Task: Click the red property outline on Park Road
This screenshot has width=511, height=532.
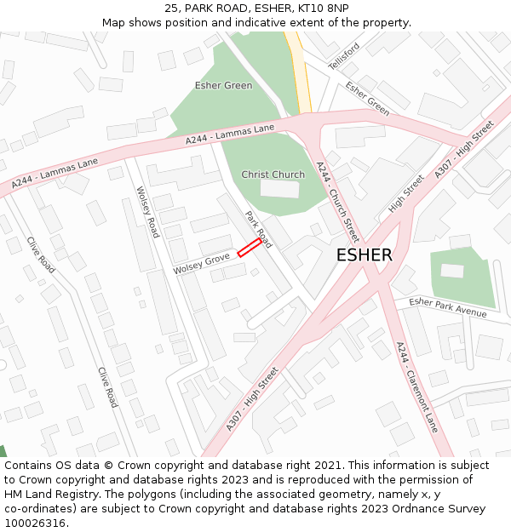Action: [250, 247]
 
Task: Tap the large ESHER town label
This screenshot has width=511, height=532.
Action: [364, 255]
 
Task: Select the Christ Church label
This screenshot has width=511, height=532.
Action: [273, 174]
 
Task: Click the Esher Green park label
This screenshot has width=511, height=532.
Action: [223, 85]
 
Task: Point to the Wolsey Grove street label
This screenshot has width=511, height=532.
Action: [202, 264]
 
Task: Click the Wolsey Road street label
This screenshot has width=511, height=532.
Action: [148, 212]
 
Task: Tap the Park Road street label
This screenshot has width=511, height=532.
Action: [258, 229]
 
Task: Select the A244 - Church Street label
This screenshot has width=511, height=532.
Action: [337, 202]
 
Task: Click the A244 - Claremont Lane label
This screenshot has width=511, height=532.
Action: [416, 386]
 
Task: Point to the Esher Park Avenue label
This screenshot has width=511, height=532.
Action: [447, 307]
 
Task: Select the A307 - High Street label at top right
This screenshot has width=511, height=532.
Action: [464, 150]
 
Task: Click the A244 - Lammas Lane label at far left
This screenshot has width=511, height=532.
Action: [55, 173]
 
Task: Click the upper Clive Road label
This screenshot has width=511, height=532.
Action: [40, 255]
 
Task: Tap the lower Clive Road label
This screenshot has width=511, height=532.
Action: [107, 387]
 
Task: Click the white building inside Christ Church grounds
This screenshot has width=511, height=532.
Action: [279, 189]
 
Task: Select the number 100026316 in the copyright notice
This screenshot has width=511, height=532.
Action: [35, 523]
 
